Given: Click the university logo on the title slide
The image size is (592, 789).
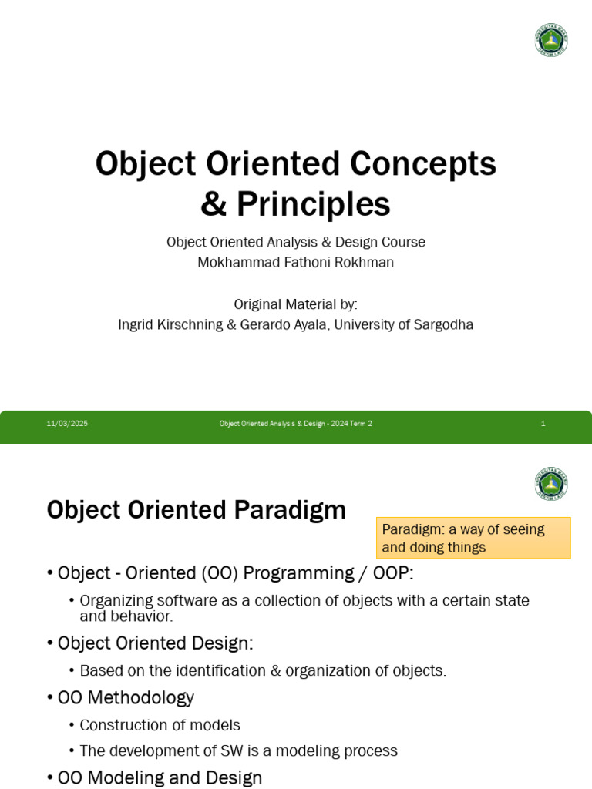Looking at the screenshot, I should click(551, 39).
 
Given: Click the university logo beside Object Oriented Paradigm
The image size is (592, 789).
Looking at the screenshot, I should click(551, 484).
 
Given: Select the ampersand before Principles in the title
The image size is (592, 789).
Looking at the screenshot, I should click(214, 205).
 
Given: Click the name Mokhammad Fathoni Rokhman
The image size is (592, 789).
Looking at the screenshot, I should click(295, 262).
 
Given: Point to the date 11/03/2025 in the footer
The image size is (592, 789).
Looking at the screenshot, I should click(67, 424).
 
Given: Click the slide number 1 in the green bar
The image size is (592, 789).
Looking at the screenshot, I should click(543, 424).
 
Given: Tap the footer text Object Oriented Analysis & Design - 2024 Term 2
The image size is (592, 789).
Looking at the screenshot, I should click(295, 424).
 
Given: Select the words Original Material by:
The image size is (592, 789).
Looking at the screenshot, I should click(295, 304).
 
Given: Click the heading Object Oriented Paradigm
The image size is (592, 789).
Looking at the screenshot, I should click(197, 510).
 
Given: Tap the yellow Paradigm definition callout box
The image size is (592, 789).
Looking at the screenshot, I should click(473, 538).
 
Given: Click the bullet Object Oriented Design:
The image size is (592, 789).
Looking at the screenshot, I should click(155, 643).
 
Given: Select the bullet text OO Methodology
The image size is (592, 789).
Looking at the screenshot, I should click(126, 698).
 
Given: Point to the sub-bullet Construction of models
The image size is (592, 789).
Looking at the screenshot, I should click(160, 725).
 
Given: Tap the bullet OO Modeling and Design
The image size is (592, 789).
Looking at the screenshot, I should click(160, 777).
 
